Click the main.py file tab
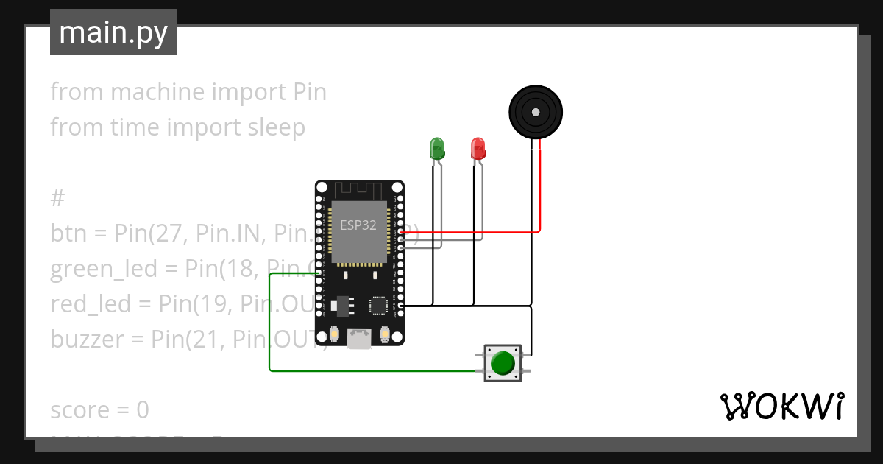tap(113, 32)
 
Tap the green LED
tap(437, 148)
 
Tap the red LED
tap(478, 148)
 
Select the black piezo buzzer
tap(536, 112)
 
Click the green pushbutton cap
tap(503, 363)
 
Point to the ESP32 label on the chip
tap(358, 225)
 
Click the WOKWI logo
tap(781, 406)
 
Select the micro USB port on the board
tap(359, 338)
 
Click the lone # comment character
tap(57, 198)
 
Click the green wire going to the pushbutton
tap(269, 324)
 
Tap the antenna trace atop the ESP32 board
tap(359, 191)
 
